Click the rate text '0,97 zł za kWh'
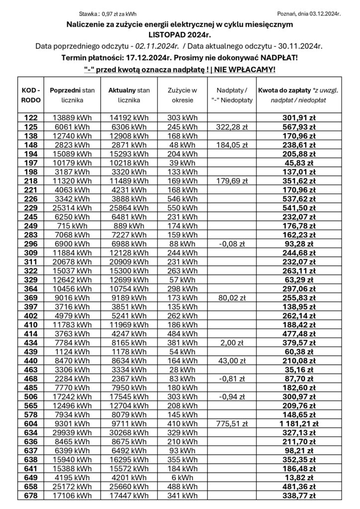coord(119,14)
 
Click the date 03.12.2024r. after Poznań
coord(324,14)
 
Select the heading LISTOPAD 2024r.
coord(180,35)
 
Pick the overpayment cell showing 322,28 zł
coord(229,126)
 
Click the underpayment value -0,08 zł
coord(229,244)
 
